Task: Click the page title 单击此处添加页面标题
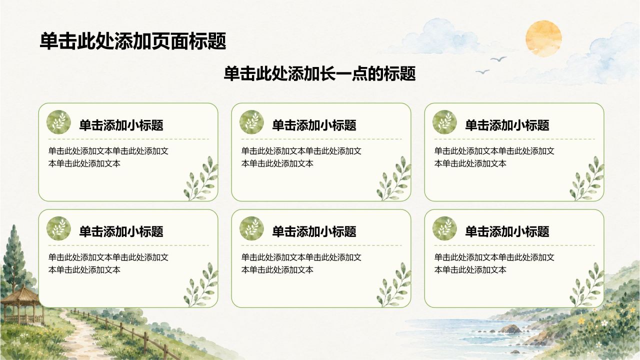click(x=133, y=41)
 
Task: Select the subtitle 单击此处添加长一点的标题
click(x=319, y=73)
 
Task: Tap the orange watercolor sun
click(x=543, y=38)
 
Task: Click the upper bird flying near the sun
click(x=498, y=59)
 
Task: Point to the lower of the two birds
click(x=482, y=71)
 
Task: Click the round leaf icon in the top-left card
click(x=58, y=122)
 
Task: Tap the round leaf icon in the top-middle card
click(x=251, y=122)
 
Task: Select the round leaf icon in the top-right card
click(x=444, y=122)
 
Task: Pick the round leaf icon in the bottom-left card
click(x=58, y=228)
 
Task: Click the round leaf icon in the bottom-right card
click(x=444, y=228)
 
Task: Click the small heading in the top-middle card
click(x=314, y=125)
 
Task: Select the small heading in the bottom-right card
click(x=507, y=231)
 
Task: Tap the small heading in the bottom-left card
click(x=121, y=231)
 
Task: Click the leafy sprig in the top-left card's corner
click(x=201, y=178)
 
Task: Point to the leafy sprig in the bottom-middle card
click(x=394, y=285)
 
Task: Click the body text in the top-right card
click(x=494, y=157)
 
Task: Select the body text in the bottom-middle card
click(x=301, y=263)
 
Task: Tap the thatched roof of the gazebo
click(x=20, y=294)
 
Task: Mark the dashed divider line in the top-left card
click(x=128, y=139)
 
